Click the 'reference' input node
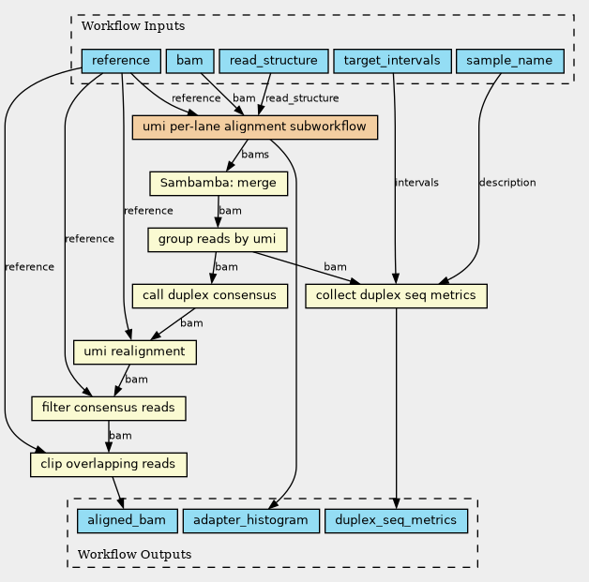click(121, 61)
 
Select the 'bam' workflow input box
click(189, 61)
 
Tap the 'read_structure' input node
click(273, 61)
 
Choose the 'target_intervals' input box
click(392, 61)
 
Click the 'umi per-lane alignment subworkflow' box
click(255, 127)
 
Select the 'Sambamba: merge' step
click(218, 183)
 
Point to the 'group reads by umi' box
click(217, 239)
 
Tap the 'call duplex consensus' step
click(209, 295)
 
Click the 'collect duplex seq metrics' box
click(397, 295)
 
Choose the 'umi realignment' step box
click(134, 351)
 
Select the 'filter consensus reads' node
click(109, 408)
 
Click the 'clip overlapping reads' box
click(109, 464)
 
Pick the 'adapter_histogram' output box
click(251, 519)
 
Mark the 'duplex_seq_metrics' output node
click(396, 519)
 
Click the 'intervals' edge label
click(416, 182)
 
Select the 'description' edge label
click(507, 182)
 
